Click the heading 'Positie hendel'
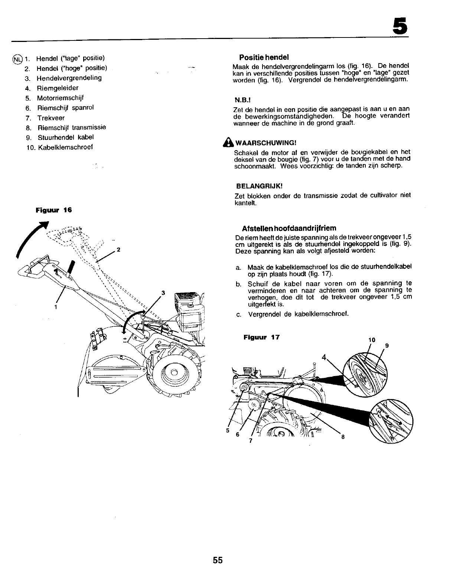click(264, 58)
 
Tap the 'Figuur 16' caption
click(53, 210)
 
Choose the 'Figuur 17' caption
click(261, 337)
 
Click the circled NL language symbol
click(17, 59)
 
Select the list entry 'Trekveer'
click(51, 118)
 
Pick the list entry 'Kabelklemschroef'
click(65, 147)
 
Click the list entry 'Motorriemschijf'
click(60, 98)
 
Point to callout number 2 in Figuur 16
click(118, 250)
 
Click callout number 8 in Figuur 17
click(343, 437)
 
